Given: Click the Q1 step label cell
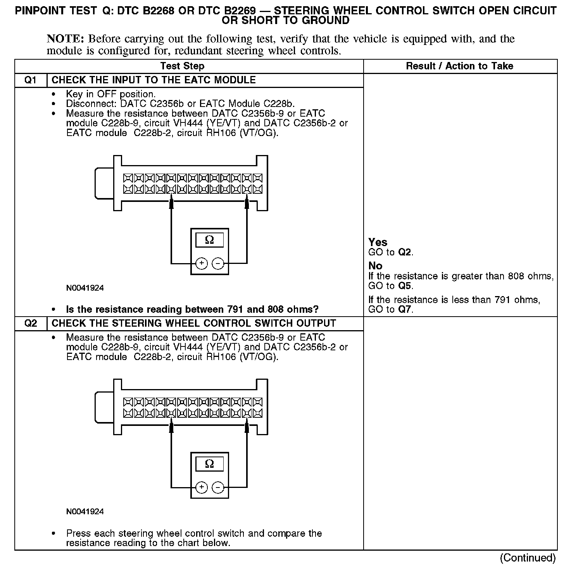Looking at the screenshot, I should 31,80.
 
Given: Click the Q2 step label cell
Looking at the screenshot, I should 31,324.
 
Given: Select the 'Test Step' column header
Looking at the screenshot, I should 182,66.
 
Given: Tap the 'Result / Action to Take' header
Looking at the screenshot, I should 459,66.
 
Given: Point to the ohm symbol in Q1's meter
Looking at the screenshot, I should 209,240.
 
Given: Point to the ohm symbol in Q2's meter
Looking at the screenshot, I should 209,464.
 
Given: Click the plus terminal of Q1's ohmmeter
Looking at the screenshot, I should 202,264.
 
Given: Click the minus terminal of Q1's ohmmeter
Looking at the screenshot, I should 218,264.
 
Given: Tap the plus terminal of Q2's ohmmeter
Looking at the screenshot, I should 202,488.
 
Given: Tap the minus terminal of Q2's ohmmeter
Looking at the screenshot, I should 218,488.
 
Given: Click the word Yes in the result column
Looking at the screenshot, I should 378,242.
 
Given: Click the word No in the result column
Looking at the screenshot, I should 375,266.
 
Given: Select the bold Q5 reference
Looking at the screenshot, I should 405,286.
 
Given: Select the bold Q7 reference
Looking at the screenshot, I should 405,310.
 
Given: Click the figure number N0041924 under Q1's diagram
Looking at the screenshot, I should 85,288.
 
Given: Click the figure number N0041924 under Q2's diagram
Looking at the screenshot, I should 85,512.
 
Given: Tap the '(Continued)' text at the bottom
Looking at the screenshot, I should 528,558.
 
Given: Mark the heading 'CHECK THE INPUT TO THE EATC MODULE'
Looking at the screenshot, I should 154,80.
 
